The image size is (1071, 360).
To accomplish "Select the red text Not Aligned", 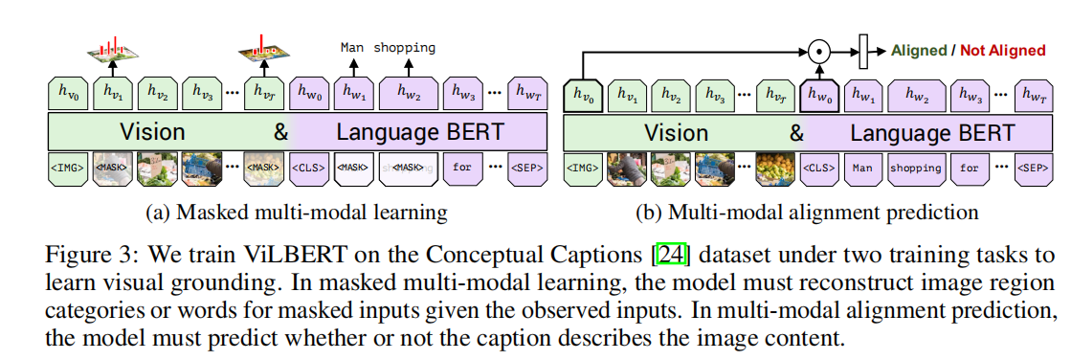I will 1002,50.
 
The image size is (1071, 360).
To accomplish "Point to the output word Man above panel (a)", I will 351,47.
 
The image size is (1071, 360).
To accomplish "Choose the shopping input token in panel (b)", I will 915,168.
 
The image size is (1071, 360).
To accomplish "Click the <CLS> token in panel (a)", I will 309,168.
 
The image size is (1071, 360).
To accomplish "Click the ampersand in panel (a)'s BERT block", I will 280,132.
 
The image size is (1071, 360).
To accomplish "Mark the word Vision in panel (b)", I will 677,132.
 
